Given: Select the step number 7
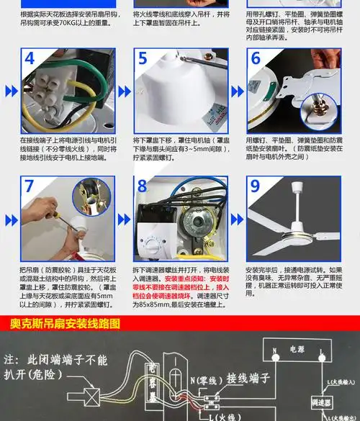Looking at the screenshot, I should point(30,185).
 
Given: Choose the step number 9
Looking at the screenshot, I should point(256,185).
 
